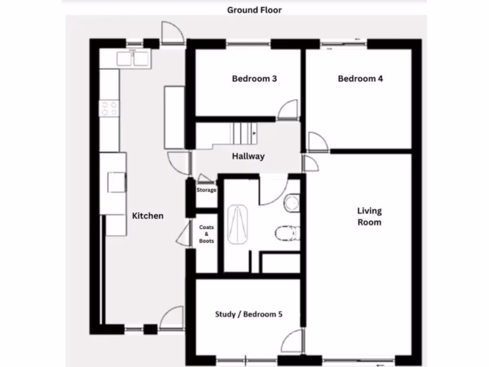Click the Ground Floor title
[254, 10]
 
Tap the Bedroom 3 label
[254, 78]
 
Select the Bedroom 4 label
[360, 78]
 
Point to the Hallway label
[248, 156]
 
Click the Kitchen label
[148, 216]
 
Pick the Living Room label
[370, 216]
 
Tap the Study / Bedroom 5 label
[249, 314]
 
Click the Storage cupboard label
[206, 190]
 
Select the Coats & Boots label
[206, 234]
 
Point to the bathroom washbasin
[291, 203]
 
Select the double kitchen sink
[133, 58]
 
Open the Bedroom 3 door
[288, 110]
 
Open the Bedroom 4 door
[317, 142]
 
